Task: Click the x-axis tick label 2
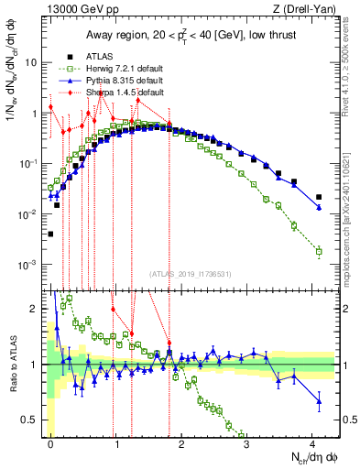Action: [x=181, y=443]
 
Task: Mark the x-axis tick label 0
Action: [x=51, y=443]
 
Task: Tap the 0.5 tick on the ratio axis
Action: [x=30, y=420]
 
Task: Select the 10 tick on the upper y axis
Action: [x=30, y=63]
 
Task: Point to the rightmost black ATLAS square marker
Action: [x=319, y=197]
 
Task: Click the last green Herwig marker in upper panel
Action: [x=319, y=251]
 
